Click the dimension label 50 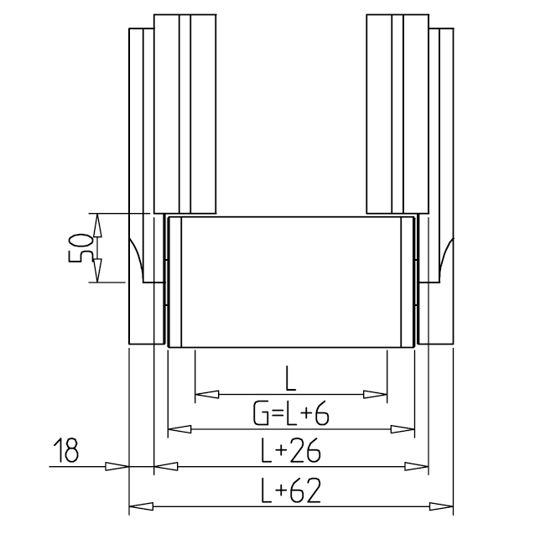(81, 247)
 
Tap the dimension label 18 (66, 450)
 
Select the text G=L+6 (291, 413)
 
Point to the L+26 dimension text (291, 450)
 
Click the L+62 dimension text (291, 491)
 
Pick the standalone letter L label (290, 378)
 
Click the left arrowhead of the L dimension (207, 395)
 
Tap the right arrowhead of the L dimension (375, 395)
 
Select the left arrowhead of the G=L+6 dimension (179, 429)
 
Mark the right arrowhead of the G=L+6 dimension (403, 429)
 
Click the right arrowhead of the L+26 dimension (416, 466)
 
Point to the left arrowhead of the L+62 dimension (141, 506)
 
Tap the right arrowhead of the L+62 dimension (441, 506)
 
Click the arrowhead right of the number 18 (117, 466)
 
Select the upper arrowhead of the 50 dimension (97, 225)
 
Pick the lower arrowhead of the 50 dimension (97, 271)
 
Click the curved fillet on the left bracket (137, 260)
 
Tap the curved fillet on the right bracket (446, 260)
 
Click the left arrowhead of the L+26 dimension (166, 466)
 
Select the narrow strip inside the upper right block (397, 114)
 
